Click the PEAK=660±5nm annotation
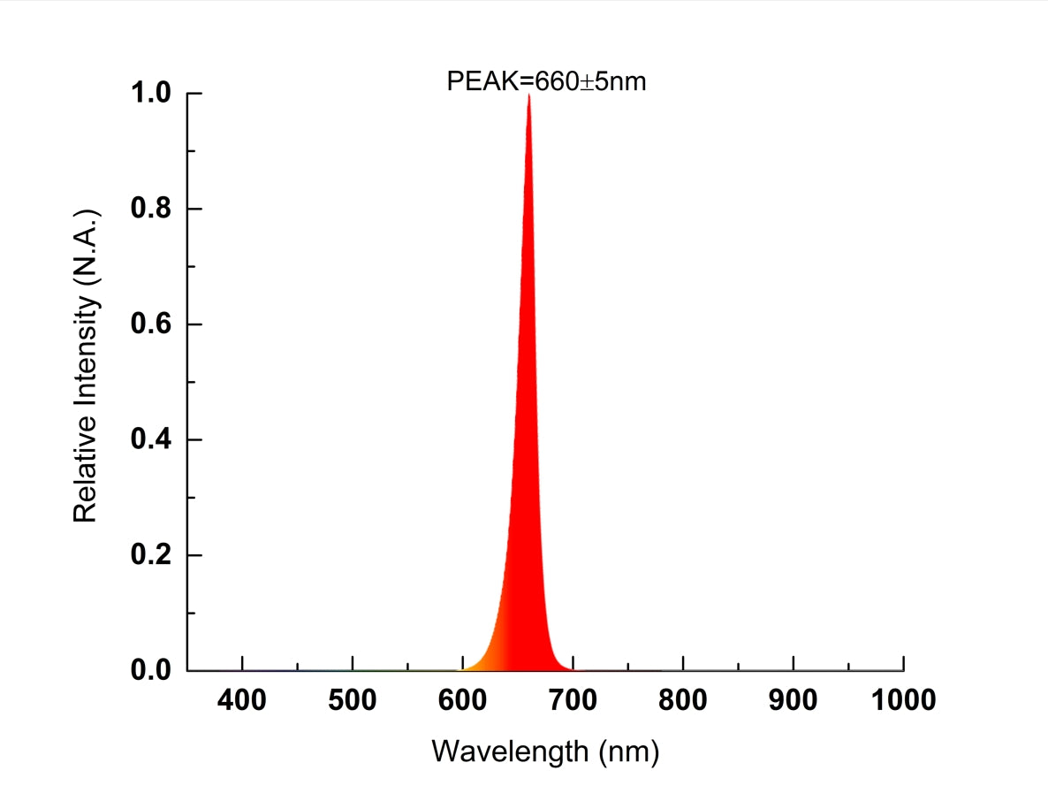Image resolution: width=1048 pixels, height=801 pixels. click(546, 81)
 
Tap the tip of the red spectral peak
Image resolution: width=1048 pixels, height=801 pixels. click(528, 95)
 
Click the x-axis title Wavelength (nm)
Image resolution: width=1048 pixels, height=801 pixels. click(545, 752)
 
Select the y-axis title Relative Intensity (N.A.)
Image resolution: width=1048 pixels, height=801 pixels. click(85, 365)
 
